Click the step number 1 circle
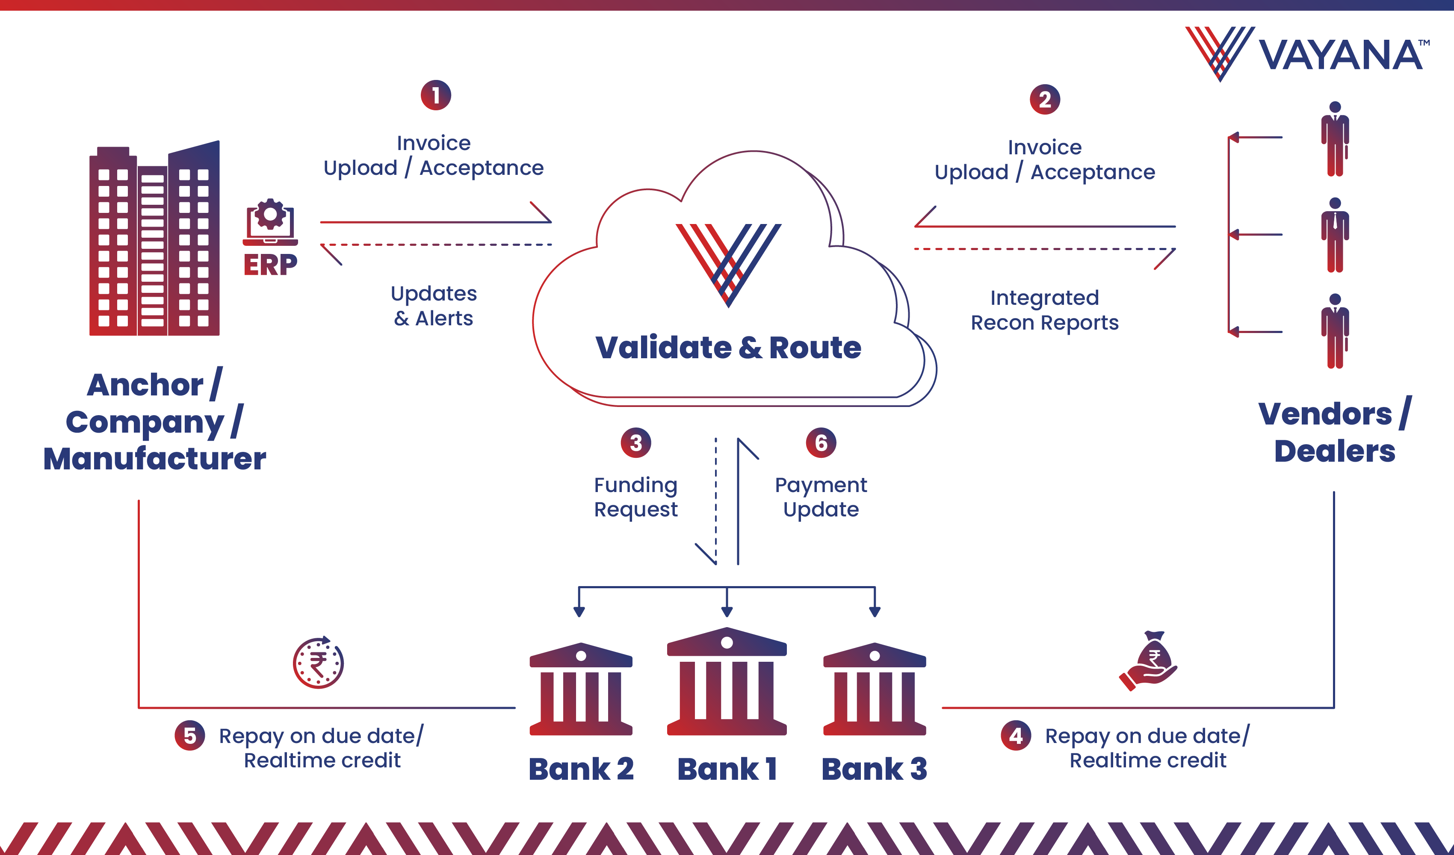pos(436,95)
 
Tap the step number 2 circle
pos(1044,100)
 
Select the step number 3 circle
pos(636,442)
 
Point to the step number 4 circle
pos(1016,736)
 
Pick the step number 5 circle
pos(190,736)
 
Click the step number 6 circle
pos(821,442)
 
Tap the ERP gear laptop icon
pos(270,222)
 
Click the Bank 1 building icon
pos(727,681)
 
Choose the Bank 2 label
pos(581,769)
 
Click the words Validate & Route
pos(728,347)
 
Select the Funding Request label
pos(636,497)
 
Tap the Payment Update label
pos(821,497)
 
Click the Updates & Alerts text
pos(434,306)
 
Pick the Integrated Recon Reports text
pos(1044,310)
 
